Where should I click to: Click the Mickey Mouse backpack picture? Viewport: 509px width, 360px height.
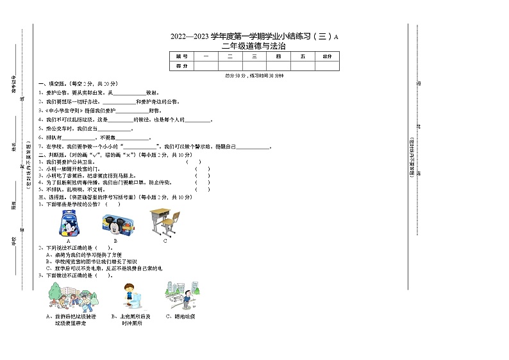click(68, 223)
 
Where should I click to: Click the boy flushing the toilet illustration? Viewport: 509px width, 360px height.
click(133, 297)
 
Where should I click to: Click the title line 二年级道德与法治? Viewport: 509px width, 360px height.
click(253, 46)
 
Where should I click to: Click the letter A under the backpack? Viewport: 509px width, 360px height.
click(68, 241)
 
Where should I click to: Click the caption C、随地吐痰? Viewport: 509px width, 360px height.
click(180, 316)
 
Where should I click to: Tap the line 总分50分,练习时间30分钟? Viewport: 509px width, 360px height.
click(254, 76)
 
